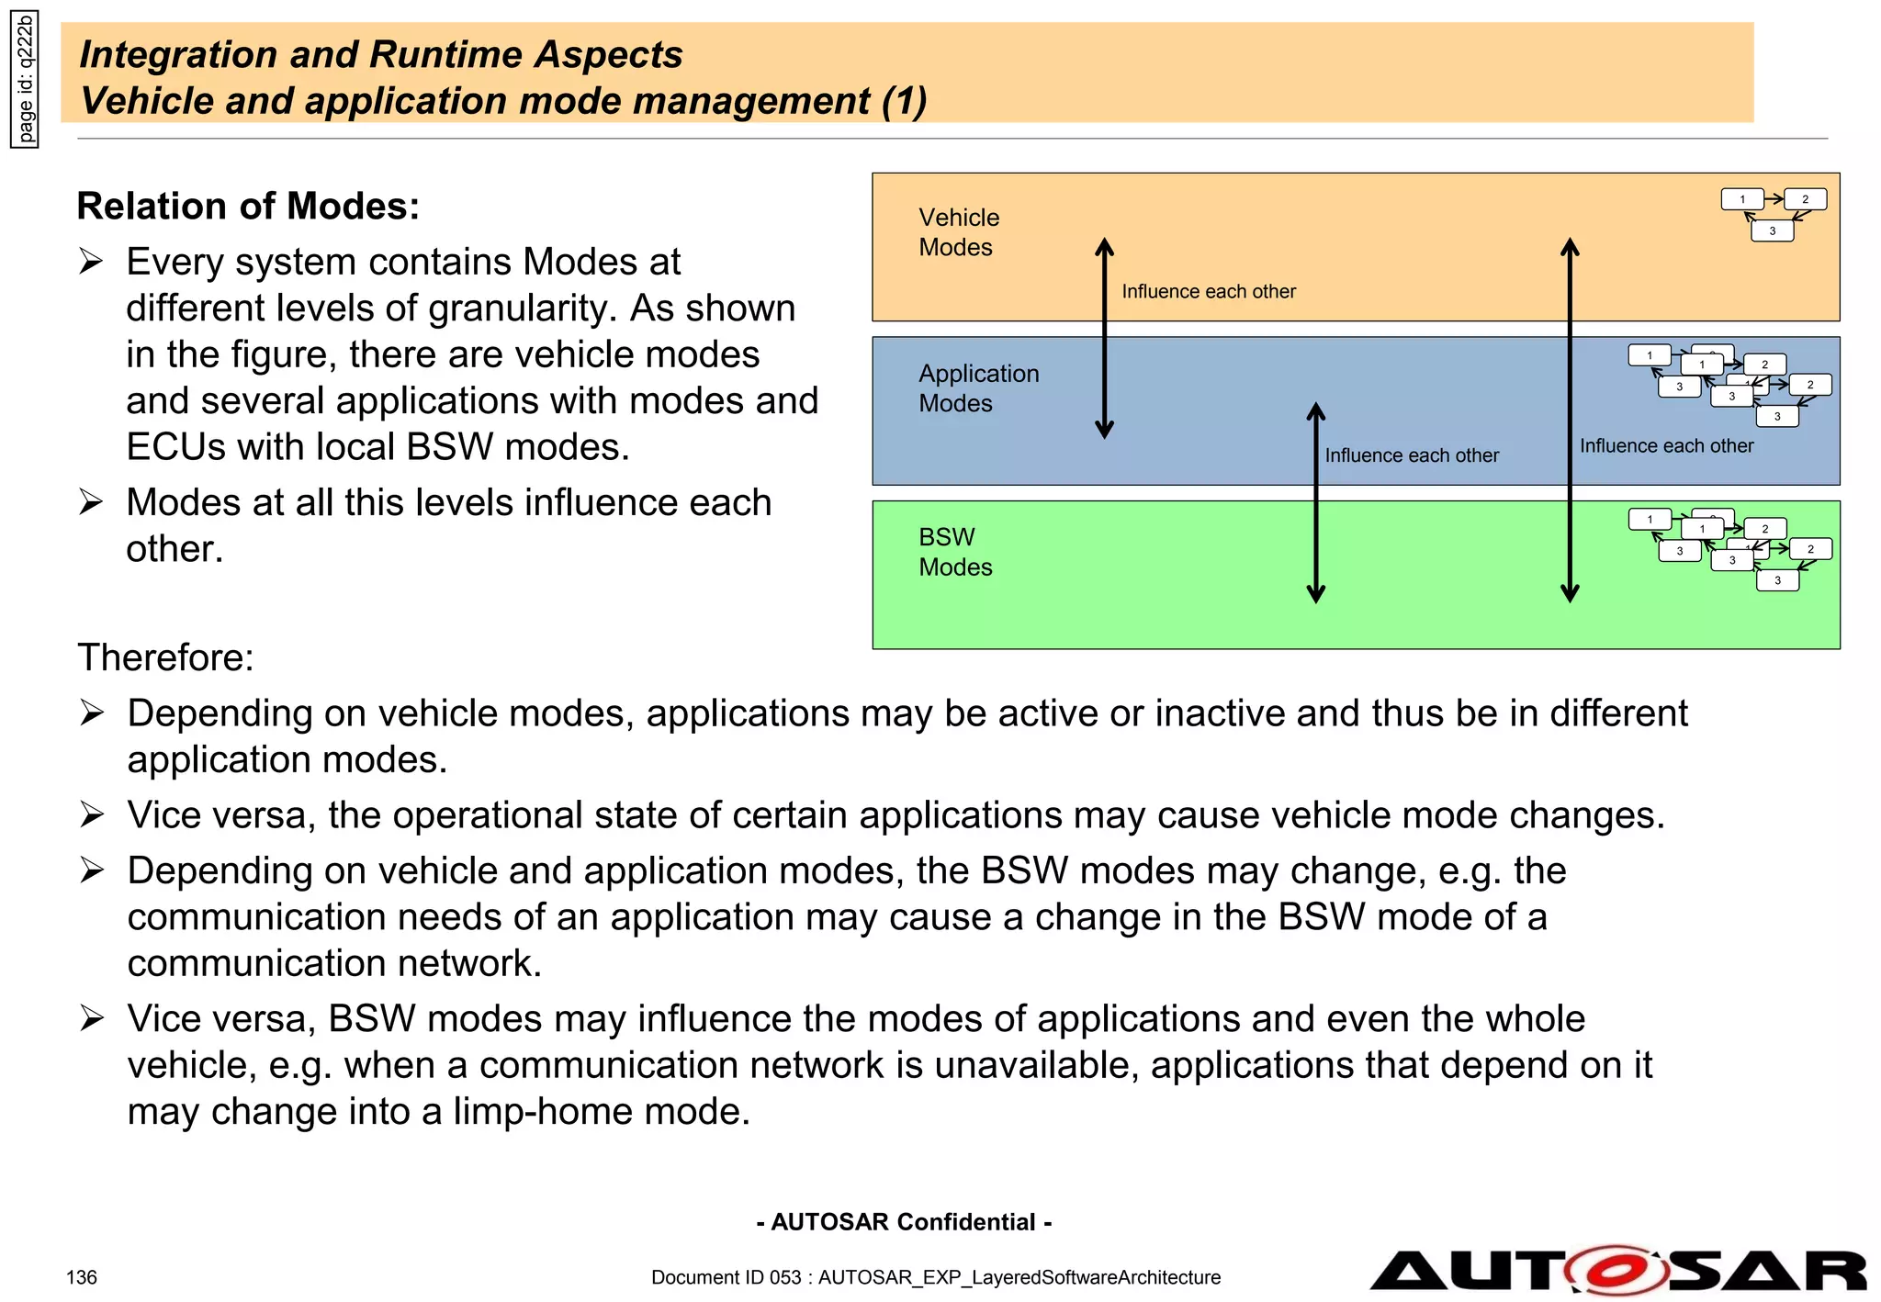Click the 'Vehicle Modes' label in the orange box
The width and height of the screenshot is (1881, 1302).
(958, 232)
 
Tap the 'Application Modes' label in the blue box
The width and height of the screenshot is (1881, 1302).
(978, 388)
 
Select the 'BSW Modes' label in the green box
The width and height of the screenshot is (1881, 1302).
(954, 552)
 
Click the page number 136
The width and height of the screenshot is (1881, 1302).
(82, 1277)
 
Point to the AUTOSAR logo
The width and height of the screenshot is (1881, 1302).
(1617, 1271)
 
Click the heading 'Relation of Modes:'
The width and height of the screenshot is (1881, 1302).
(248, 206)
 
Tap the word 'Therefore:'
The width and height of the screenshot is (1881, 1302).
(165, 657)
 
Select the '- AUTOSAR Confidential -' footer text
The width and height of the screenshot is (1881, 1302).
(904, 1222)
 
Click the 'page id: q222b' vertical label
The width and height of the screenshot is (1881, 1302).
(25, 80)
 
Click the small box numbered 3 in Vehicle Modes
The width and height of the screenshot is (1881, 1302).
(1772, 231)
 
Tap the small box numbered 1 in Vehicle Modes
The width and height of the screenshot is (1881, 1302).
(1741, 199)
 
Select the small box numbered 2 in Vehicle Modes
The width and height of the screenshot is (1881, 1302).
(1805, 199)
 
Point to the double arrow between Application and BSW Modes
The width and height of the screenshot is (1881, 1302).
(1316, 502)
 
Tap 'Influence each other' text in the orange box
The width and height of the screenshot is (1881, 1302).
(1208, 291)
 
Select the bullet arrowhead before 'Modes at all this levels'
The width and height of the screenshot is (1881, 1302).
(91, 502)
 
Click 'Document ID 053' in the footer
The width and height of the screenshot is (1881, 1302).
(726, 1277)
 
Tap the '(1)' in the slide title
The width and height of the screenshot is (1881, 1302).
(904, 101)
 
